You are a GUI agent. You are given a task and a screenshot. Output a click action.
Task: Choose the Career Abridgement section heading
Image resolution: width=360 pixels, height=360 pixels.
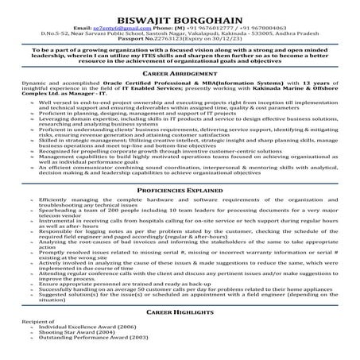(x=180, y=72)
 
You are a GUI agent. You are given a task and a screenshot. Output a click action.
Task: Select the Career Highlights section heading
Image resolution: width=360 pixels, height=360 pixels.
(x=180, y=314)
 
